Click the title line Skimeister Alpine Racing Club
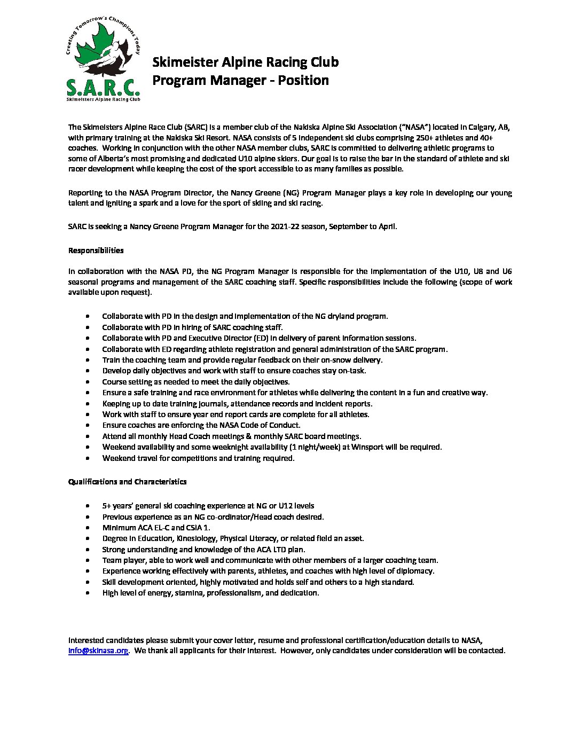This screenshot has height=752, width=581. point(246,62)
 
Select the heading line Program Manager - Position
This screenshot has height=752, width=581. point(240,81)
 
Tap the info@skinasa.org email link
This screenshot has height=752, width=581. point(98,651)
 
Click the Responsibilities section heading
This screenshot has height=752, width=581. point(96,250)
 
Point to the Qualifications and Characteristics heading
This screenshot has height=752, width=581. point(127,482)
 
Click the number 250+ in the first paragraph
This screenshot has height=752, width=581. point(429,137)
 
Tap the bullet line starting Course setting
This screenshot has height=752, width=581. point(195,382)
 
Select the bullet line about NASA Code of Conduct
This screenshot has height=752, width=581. point(201,425)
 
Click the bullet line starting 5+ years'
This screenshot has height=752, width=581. point(208,506)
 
